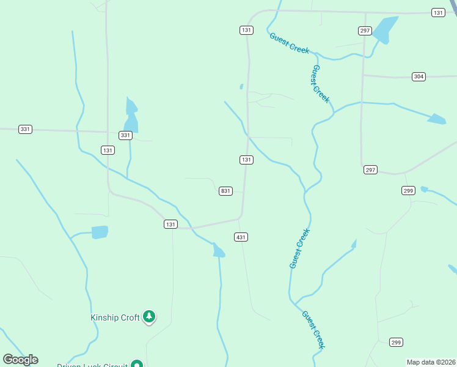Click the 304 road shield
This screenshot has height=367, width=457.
pos(419,76)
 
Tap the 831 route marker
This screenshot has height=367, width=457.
pos(225,191)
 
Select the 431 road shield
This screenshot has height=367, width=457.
pos(241,237)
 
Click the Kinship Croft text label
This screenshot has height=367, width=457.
pos(115,317)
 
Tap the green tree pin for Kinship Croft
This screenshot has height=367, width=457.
pos(148,317)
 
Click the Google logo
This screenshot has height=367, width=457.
pos(21,360)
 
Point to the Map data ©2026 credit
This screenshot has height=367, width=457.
pos(431,362)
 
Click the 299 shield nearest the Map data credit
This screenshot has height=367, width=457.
pos(396,342)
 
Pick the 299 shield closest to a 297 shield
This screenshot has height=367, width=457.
pos(409,191)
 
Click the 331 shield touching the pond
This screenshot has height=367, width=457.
pos(125,135)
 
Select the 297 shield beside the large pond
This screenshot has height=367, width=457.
pos(365,30)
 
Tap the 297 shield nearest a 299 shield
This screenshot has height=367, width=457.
pos(371,169)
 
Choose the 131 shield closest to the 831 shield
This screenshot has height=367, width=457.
pos(246,160)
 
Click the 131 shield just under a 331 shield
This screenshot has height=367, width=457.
pos(108,150)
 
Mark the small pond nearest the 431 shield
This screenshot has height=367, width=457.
pos(218,250)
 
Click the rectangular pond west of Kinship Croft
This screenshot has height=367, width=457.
pos(100,232)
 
